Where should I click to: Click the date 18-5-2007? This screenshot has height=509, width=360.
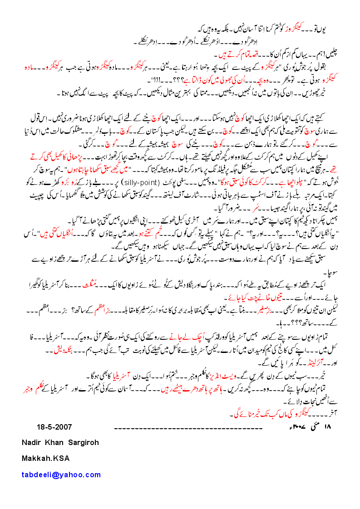tap(54, 427)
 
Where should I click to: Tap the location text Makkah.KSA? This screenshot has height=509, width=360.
tap(46, 458)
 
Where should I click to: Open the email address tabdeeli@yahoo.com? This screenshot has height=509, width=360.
tap(61, 475)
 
